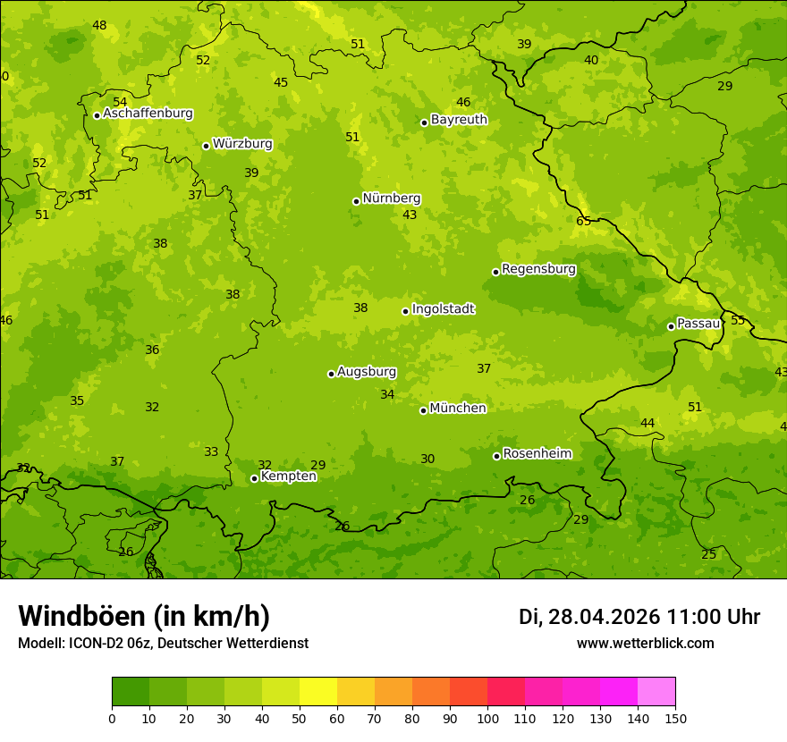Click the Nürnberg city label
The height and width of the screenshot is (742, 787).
[x=391, y=198]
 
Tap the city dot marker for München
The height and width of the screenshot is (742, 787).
[x=423, y=410]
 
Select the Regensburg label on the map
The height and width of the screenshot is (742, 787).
[x=538, y=269]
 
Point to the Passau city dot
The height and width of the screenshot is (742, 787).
[x=671, y=326]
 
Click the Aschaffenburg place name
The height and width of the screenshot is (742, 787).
[x=148, y=114]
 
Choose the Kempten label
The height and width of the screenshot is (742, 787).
[x=288, y=476]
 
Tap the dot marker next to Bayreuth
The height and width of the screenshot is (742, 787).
[x=424, y=122]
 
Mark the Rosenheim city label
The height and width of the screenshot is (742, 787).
[x=537, y=454]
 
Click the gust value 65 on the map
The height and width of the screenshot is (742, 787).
[x=583, y=221]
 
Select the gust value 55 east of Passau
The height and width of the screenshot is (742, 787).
[x=738, y=320]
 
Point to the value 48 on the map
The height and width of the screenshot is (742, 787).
[x=99, y=25]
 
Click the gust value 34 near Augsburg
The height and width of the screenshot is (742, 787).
[x=387, y=394]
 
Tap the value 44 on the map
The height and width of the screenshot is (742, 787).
[x=647, y=423]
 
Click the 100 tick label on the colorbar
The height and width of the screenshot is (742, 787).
[x=487, y=718]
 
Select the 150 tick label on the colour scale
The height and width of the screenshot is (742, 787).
[x=675, y=718]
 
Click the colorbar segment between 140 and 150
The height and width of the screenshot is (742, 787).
[x=656, y=692]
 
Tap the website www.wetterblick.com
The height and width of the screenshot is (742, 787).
[x=645, y=643]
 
